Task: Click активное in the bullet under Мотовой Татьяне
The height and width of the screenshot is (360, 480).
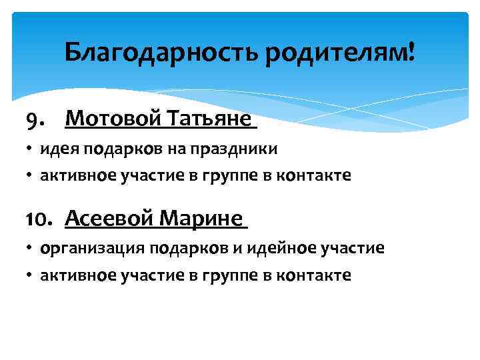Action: pos(77,175)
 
